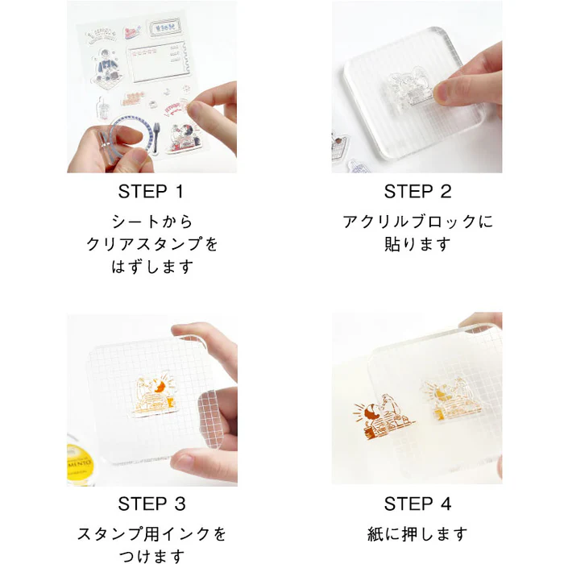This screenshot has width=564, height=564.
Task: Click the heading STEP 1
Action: click(x=151, y=192)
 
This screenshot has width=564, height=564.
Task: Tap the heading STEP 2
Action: click(x=417, y=192)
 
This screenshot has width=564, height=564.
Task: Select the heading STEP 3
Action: click(x=151, y=504)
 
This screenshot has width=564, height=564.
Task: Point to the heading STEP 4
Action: click(x=417, y=504)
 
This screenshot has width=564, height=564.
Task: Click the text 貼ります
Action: click(x=417, y=244)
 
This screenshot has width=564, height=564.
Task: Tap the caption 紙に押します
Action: click(x=417, y=534)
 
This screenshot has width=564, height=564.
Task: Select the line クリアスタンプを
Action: click(x=151, y=244)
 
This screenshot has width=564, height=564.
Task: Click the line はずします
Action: click(x=151, y=267)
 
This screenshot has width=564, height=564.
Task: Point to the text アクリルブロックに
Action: click(x=417, y=222)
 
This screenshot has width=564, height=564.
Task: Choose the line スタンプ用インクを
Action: click(x=151, y=534)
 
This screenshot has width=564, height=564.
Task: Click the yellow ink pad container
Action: click(x=80, y=465)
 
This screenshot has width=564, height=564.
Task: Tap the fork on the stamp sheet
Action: click(x=156, y=138)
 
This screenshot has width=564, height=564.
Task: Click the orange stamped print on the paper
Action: click(x=384, y=417)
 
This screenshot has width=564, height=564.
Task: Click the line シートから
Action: click(x=151, y=222)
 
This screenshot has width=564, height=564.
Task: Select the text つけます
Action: click(x=151, y=556)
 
